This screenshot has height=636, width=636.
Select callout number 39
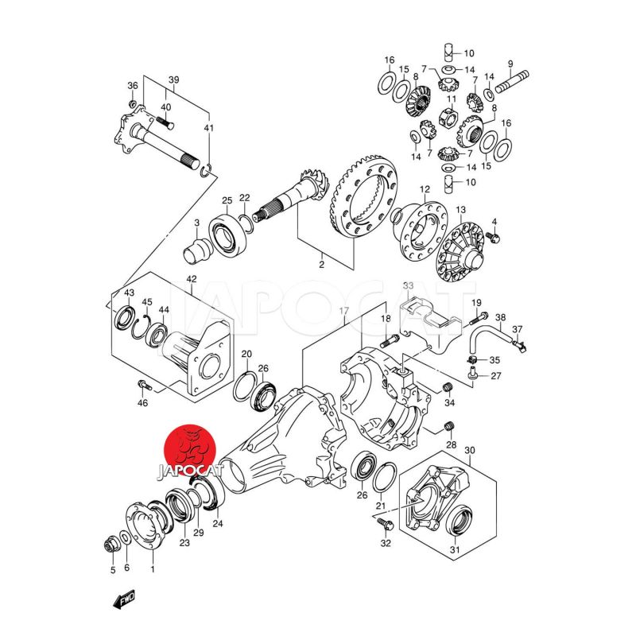(174, 80)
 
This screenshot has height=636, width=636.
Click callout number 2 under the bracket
(321, 264)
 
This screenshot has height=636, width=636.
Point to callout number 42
(192, 279)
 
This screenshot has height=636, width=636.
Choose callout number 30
(469, 451)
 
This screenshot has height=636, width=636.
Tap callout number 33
(408, 285)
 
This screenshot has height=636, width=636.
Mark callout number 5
(112, 569)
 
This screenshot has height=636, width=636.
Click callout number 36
(133, 86)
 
